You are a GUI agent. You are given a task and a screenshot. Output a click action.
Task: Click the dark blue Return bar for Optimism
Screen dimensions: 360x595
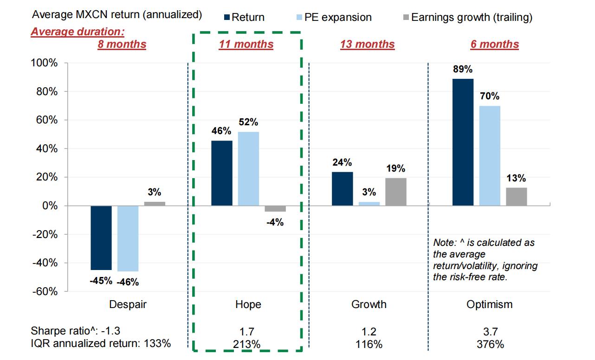point(463,142)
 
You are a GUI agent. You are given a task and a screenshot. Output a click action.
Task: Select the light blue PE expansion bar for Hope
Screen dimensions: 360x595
point(248,168)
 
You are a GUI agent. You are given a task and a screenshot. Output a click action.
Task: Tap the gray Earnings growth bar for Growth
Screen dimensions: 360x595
point(396,192)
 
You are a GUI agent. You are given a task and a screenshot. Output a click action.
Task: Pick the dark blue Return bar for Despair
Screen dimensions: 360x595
point(101,238)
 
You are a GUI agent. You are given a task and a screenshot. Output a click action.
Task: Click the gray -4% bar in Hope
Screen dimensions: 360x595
point(275,209)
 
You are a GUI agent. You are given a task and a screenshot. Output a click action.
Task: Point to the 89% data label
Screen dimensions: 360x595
point(463,70)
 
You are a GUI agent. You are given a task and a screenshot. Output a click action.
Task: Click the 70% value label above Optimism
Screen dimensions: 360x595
point(490,96)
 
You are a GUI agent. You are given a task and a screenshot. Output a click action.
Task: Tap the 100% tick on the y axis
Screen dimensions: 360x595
point(44,63)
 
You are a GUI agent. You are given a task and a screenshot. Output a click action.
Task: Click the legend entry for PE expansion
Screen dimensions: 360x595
point(334,18)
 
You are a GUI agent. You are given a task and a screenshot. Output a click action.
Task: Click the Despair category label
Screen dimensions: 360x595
point(128,305)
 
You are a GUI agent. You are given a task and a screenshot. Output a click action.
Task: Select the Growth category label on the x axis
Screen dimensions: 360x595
point(369,305)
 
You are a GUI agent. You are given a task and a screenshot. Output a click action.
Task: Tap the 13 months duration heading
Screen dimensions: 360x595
point(367,45)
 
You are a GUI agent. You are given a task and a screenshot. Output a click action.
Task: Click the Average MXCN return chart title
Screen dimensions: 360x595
point(116,15)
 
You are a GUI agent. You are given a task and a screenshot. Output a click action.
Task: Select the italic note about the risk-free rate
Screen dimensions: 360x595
point(485,260)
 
